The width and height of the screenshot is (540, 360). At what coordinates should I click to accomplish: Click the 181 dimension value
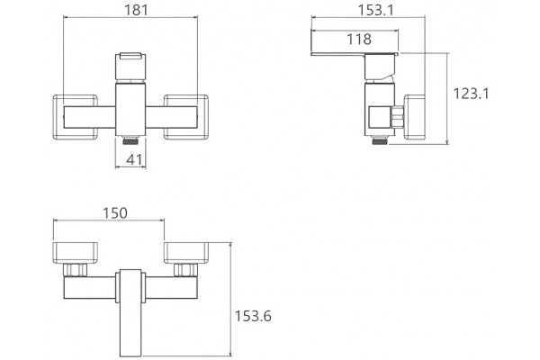136,10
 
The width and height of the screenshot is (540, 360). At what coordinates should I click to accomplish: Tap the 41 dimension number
134,159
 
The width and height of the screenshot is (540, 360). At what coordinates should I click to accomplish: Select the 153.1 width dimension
375,10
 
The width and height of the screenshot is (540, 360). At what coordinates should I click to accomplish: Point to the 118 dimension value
359,40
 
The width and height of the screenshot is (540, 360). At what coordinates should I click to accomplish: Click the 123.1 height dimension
471,94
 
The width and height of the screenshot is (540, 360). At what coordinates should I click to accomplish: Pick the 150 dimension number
115,213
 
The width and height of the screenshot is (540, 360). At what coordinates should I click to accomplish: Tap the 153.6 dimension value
253,316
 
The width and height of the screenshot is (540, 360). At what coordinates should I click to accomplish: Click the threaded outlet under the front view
130,139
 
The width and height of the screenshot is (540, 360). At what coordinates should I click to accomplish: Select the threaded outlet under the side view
380,139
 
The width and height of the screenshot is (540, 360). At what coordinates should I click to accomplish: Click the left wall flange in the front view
76,117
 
